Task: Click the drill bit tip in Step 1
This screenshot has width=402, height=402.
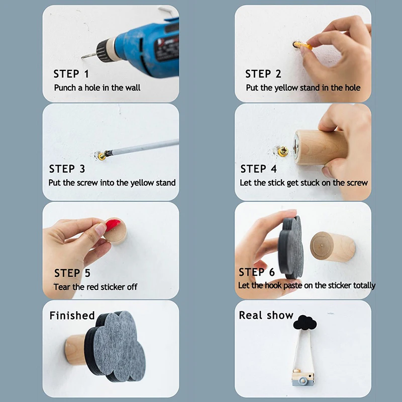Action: (x=82, y=58)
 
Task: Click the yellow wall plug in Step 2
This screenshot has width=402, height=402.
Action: (x=304, y=45)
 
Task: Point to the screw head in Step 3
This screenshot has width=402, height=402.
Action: (x=102, y=156)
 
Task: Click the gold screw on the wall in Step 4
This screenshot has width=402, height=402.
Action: (x=283, y=151)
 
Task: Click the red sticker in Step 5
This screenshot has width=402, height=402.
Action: (x=113, y=224)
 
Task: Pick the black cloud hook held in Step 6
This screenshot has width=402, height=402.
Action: (x=291, y=248)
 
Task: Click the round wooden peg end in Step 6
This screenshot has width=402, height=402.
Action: (x=322, y=247)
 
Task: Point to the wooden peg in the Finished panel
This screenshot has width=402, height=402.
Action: (x=75, y=350)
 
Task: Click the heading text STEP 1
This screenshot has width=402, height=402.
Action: (x=71, y=74)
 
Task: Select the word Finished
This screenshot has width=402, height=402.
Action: (x=72, y=316)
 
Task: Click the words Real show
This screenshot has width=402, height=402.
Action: (x=266, y=316)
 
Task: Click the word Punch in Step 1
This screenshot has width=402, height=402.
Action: (x=65, y=87)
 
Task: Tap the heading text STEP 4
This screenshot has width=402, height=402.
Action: (x=258, y=169)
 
